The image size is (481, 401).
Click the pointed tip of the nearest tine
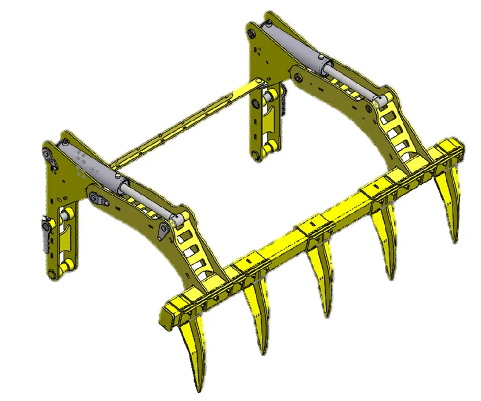click(x=199, y=389)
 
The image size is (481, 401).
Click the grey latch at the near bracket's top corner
click(x=50, y=157)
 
